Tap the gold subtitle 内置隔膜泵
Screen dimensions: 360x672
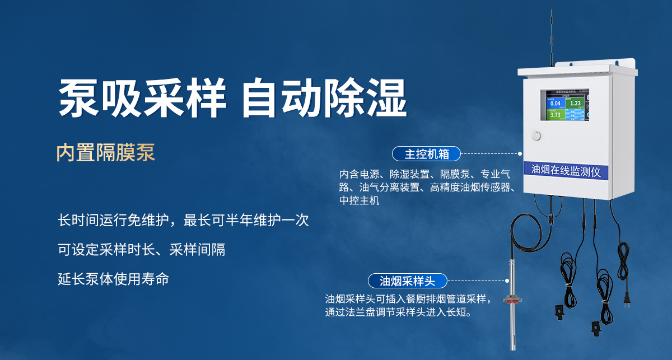point(105,152)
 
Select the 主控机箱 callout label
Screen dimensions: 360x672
point(426,153)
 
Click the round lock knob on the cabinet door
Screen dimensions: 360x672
point(537,135)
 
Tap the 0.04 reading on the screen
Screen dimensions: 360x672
point(556,104)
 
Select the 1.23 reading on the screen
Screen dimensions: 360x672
point(575,103)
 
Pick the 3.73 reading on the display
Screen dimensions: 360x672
point(556,115)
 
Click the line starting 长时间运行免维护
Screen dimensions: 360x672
point(183,220)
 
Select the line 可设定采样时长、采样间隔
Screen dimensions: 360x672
point(141,250)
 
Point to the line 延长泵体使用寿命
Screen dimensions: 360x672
point(113,279)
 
